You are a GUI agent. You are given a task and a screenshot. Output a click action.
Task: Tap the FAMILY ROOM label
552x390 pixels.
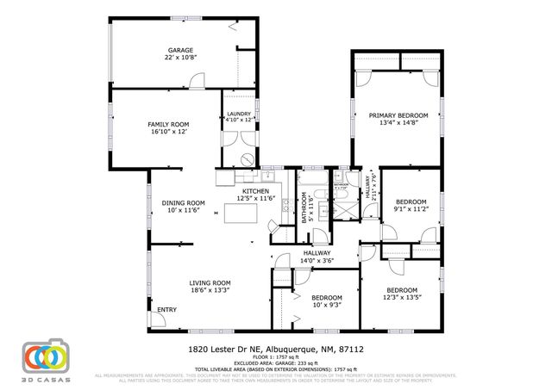pos(167,124)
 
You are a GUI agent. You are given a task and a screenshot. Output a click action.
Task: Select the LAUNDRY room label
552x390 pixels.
pos(238,114)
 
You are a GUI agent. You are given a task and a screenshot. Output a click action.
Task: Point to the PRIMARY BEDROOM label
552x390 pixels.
pos(398,115)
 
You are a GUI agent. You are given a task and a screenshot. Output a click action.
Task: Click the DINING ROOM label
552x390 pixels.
pos(183,202)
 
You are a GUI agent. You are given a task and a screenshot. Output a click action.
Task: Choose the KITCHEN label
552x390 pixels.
pos(255,191)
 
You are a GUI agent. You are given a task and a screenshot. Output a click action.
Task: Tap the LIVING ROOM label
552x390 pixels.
pos(210,282)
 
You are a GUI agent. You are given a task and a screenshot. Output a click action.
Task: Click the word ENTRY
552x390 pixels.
pos(166,310)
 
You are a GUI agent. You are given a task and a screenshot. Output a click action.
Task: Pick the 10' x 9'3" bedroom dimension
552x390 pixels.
pos(327,305)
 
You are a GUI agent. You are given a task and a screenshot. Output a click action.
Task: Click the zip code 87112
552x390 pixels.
pos(352,350)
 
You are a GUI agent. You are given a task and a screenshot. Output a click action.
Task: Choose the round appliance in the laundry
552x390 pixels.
pos(247,158)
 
